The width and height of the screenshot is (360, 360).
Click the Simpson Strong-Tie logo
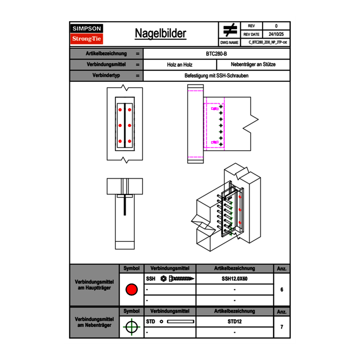click(87, 34)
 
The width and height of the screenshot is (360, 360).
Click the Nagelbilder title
click(160, 34)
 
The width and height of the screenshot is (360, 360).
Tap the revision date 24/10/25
click(276, 34)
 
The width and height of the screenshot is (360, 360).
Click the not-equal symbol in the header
click(230, 30)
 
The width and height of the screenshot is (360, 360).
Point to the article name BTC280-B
click(217, 54)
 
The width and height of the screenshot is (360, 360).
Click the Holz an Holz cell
click(180, 65)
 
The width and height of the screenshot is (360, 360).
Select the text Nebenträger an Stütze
click(253, 65)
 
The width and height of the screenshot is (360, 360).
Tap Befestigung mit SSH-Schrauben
click(216, 76)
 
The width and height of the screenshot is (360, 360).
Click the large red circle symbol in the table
click(131, 290)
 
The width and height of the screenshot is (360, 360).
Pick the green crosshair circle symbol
click(131, 327)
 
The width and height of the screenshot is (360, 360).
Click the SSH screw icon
click(178, 279)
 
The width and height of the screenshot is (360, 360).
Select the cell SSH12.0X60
click(234, 279)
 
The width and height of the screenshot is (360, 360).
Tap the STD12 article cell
click(234, 322)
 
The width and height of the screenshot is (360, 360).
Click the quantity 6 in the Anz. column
click(281, 290)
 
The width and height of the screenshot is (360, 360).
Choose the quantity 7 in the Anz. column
click(281, 327)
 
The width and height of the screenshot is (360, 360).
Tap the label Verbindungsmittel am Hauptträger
click(94, 285)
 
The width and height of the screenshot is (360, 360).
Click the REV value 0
click(276, 26)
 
